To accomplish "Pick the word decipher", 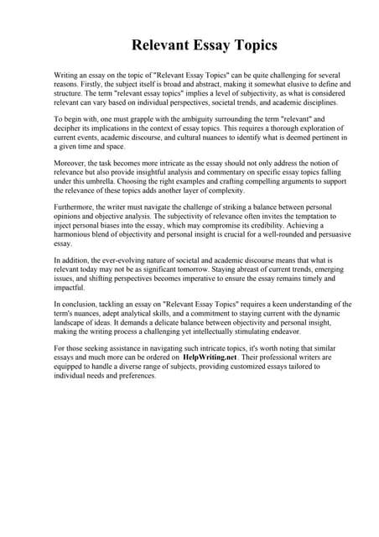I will click(68, 132).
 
